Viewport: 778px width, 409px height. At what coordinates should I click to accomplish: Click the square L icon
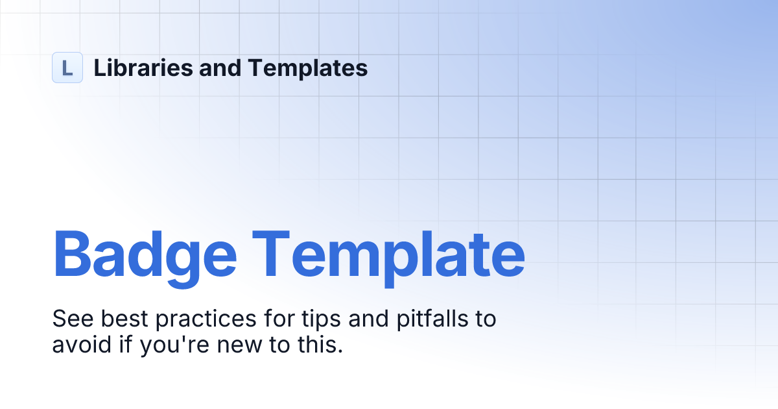67,68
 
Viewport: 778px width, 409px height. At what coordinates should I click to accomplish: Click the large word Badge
145,254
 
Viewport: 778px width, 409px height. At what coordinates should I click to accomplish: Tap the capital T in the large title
276,254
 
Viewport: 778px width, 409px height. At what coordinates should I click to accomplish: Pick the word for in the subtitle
266,319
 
